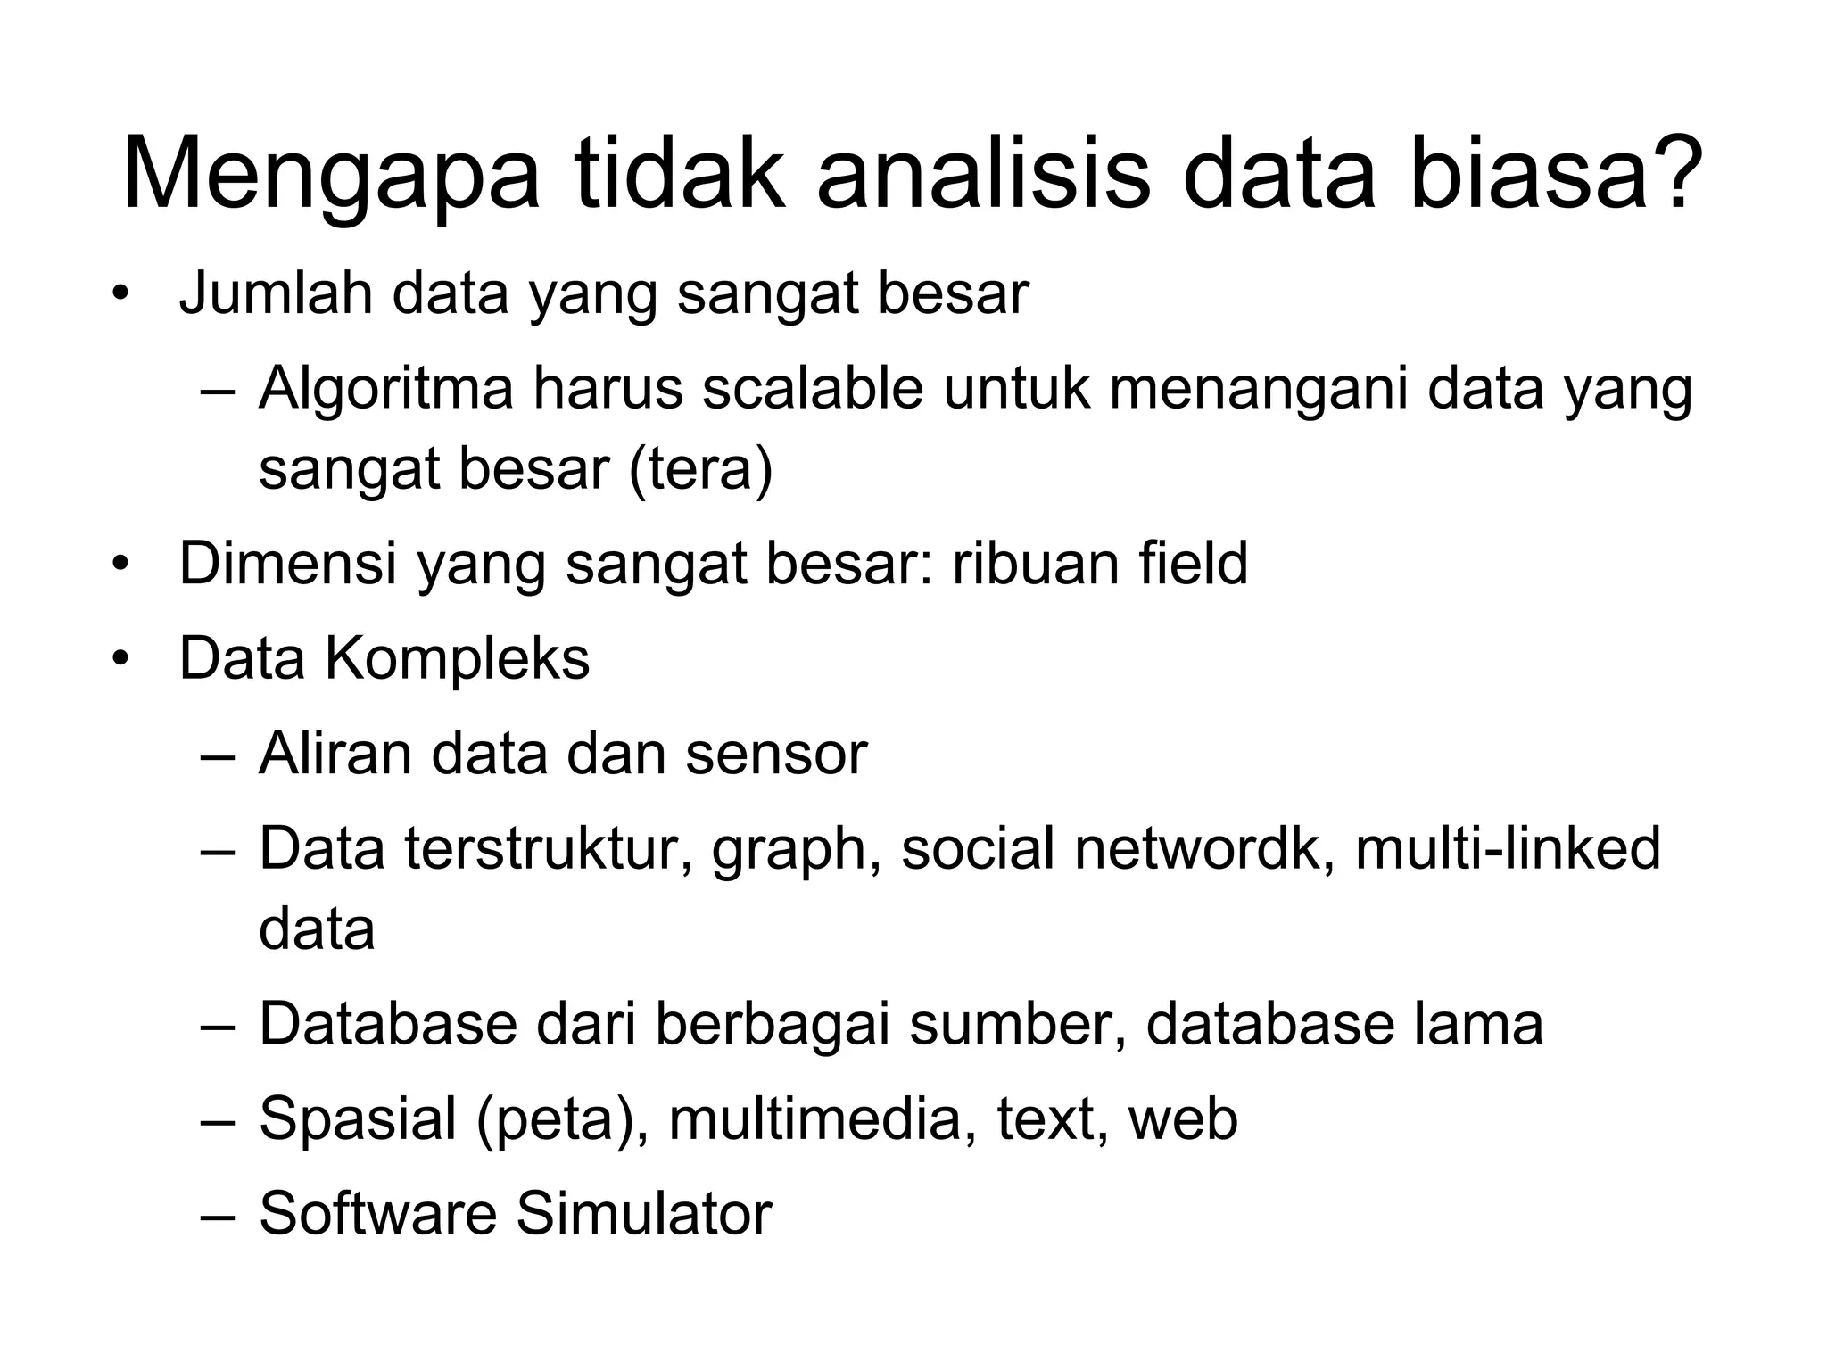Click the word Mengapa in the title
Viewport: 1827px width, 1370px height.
pyautogui.click(x=331, y=176)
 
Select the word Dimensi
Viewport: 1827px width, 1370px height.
pyautogui.click(x=287, y=564)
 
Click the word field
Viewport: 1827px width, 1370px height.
pyautogui.click(x=1192, y=564)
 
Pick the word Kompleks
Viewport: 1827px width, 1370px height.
pyautogui.click(x=456, y=659)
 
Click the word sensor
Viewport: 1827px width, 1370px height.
pyautogui.click(x=775, y=754)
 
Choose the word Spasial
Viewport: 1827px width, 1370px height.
pyautogui.click(x=358, y=1119)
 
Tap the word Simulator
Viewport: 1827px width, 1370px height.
pyautogui.click(x=643, y=1214)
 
